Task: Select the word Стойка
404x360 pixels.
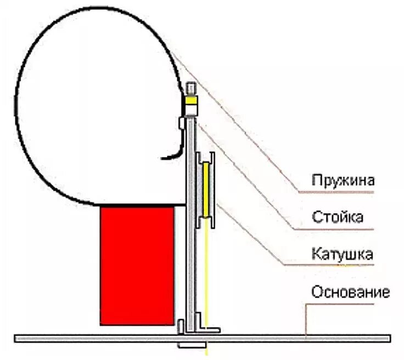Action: point(337,217)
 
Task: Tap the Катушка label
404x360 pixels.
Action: point(342,254)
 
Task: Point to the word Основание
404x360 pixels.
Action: point(351,292)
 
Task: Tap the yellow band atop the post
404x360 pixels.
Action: point(190,101)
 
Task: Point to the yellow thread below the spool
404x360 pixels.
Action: point(207,274)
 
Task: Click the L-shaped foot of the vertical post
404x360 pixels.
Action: point(206,330)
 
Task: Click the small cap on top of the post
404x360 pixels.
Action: point(190,88)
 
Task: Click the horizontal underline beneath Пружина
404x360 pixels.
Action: point(340,193)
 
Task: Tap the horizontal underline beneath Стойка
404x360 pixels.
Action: point(335,229)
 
